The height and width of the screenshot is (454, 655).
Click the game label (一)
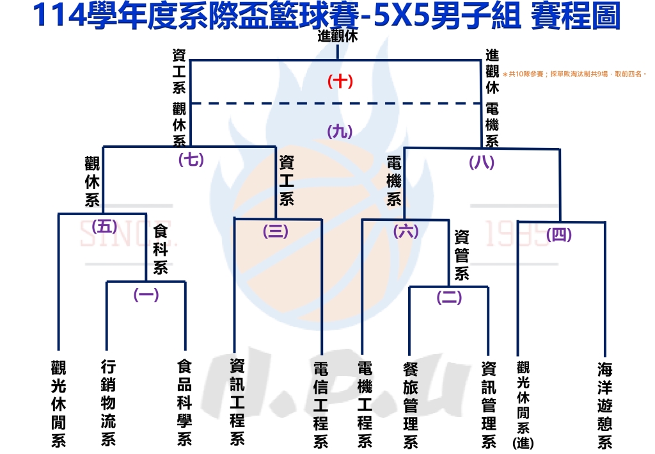146,295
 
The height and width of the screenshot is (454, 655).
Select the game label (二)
449,298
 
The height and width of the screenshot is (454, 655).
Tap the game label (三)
275,232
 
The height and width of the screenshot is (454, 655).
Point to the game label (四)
559,235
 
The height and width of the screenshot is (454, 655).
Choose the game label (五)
105,226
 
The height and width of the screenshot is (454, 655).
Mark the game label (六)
406,231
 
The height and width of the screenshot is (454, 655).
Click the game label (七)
191,159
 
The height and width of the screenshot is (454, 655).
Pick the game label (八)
482,163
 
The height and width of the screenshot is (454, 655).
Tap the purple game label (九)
340,131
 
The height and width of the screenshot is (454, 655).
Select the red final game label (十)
340,81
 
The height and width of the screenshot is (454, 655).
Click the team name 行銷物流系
109,402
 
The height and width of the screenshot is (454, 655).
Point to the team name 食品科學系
185,402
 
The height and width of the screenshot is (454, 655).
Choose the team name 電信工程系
320,405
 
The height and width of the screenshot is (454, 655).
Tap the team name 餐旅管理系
411,405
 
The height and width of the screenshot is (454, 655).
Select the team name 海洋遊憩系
604,405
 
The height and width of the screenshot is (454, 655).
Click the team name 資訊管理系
489,405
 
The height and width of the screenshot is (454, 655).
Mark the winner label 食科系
160,248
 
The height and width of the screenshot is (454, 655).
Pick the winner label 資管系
462,255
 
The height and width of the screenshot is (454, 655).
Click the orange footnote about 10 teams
574,74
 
